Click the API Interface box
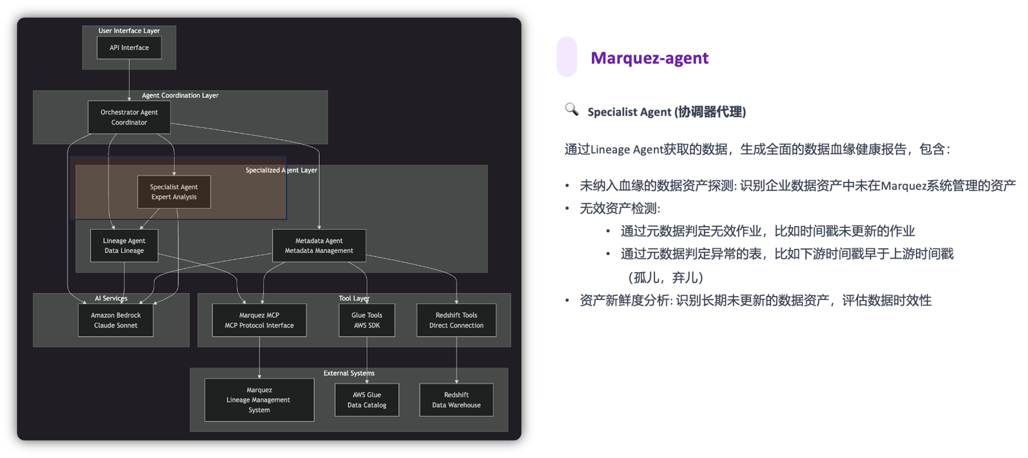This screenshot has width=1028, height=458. (129, 48)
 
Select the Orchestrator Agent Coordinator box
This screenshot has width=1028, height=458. (129, 117)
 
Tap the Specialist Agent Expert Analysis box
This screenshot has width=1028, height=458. (174, 192)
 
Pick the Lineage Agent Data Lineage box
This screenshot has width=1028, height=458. (124, 246)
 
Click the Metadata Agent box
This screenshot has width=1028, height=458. (319, 246)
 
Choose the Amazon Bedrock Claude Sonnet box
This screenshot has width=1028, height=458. (115, 320)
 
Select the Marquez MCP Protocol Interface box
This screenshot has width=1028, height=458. (259, 320)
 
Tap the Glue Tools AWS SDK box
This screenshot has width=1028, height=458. (366, 320)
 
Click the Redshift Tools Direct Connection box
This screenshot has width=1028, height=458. (456, 320)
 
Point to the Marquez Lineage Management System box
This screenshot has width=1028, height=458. (259, 400)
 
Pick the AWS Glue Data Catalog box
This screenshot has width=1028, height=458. (366, 400)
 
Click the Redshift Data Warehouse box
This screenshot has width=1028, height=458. (456, 400)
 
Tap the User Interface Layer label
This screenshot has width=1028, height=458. (129, 31)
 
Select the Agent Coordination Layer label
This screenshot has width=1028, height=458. (180, 95)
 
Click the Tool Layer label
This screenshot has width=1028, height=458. (354, 298)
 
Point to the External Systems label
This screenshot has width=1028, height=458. (349, 373)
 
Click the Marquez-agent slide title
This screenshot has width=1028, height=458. (649, 58)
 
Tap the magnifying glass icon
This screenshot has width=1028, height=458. (571, 109)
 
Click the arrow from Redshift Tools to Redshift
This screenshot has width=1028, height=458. (457, 360)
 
